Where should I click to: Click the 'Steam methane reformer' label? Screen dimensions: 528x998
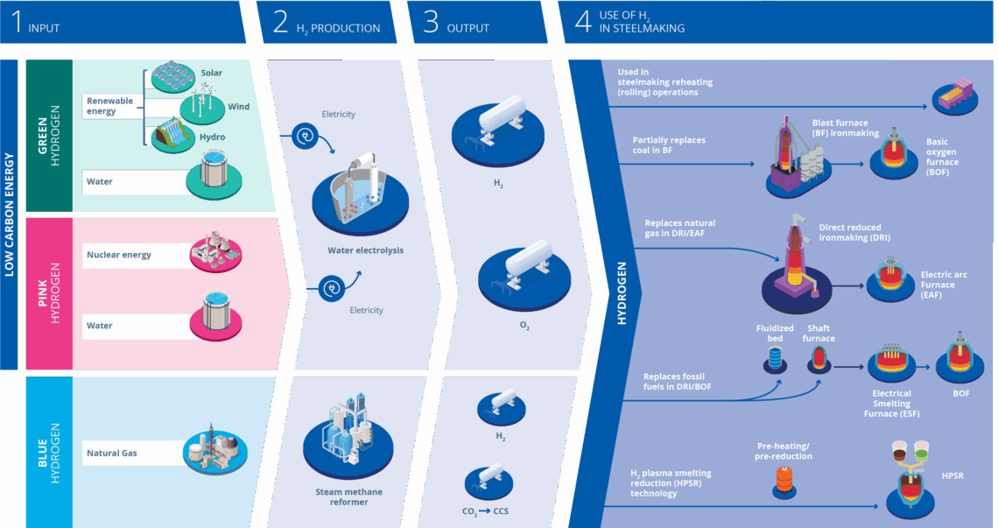click(x=348, y=496)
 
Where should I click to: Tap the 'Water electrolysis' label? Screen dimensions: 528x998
click(x=365, y=250)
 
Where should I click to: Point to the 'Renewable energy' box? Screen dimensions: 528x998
click(x=112, y=106)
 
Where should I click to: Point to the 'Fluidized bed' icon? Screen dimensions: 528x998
click(x=775, y=357)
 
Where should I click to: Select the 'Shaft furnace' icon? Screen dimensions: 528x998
click(x=819, y=356)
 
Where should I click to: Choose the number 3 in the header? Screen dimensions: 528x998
click(x=430, y=22)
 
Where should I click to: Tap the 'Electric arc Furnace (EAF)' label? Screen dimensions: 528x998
click(x=944, y=285)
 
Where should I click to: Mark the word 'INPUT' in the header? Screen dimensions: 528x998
click(x=44, y=28)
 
